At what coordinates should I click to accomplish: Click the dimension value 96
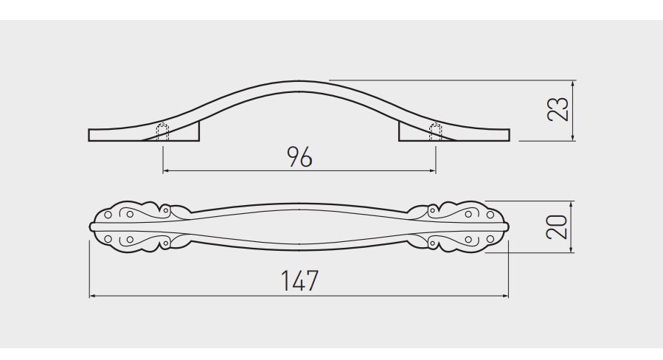tap(299, 156)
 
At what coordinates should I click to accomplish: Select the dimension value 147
tap(299, 280)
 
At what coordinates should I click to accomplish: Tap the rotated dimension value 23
tap(558, 109)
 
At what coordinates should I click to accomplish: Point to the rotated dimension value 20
tap(557, 227)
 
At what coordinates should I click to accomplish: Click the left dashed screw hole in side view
tap(163, 132)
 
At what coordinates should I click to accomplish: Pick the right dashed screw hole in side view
tap(436, 132)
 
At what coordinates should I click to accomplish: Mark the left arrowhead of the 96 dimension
tap(166, 171)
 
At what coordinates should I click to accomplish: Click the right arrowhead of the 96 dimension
tap(432, 171)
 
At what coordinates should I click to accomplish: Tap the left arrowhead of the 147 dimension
tap(93, 296)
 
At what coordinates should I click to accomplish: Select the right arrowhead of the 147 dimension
tap(505, 296)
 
